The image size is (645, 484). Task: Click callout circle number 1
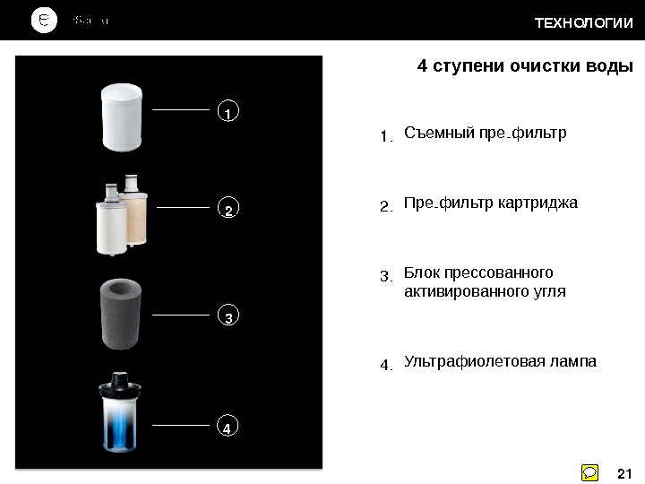pos(228,113)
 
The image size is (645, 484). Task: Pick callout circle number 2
pos(228,210)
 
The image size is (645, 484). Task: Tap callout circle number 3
pos(228,317)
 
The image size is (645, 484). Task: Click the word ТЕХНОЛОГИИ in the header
pos(583,22)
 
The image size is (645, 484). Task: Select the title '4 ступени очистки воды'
pos(526,67)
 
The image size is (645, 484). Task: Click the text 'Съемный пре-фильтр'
pos(486,134)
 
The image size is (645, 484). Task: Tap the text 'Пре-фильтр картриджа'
pos(491,203)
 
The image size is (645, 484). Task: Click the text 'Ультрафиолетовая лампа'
pos(500,361)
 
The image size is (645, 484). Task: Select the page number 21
pos(625,472)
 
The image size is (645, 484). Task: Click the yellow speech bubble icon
pos(590,472)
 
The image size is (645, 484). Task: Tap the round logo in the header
pos(45,21)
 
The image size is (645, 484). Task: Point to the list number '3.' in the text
pos(386,277)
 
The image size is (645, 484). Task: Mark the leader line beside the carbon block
pos(184,315)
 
